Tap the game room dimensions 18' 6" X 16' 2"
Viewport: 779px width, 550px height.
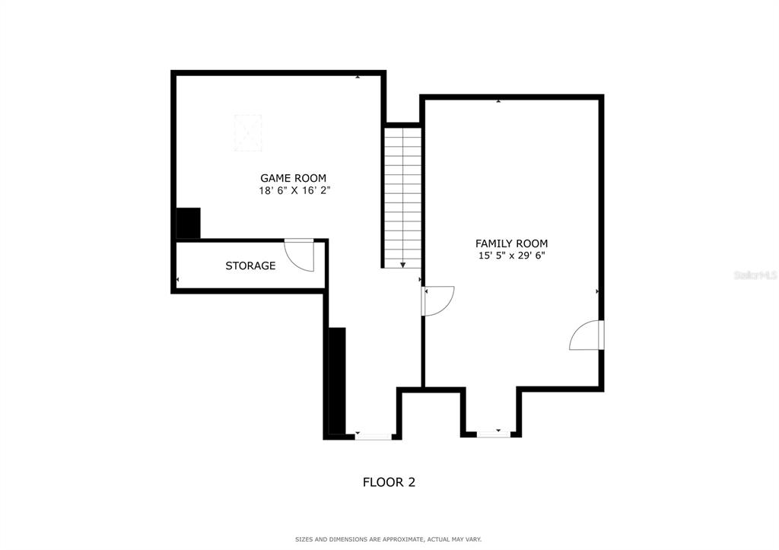[294, 191]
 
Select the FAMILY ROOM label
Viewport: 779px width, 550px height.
[511, 243]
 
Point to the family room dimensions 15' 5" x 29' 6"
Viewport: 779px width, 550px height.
[511, 256]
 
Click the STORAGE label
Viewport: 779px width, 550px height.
[250, 265]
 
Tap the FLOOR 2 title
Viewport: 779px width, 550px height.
[389, 482]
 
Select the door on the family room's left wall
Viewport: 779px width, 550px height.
[437, 300]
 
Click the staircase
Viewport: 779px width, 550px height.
[402, 196]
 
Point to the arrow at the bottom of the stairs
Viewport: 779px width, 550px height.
[402, 264]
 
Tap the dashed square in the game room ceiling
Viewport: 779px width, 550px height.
[248, 132]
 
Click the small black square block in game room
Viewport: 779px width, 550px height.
[188, 223]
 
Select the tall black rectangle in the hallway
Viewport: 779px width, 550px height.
[336, 380]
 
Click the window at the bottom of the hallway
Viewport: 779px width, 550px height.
[374, 437]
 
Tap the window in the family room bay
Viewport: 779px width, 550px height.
[494, 434]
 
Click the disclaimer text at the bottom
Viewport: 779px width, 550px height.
[388, 539]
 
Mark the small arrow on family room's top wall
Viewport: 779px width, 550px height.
[498, 100]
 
